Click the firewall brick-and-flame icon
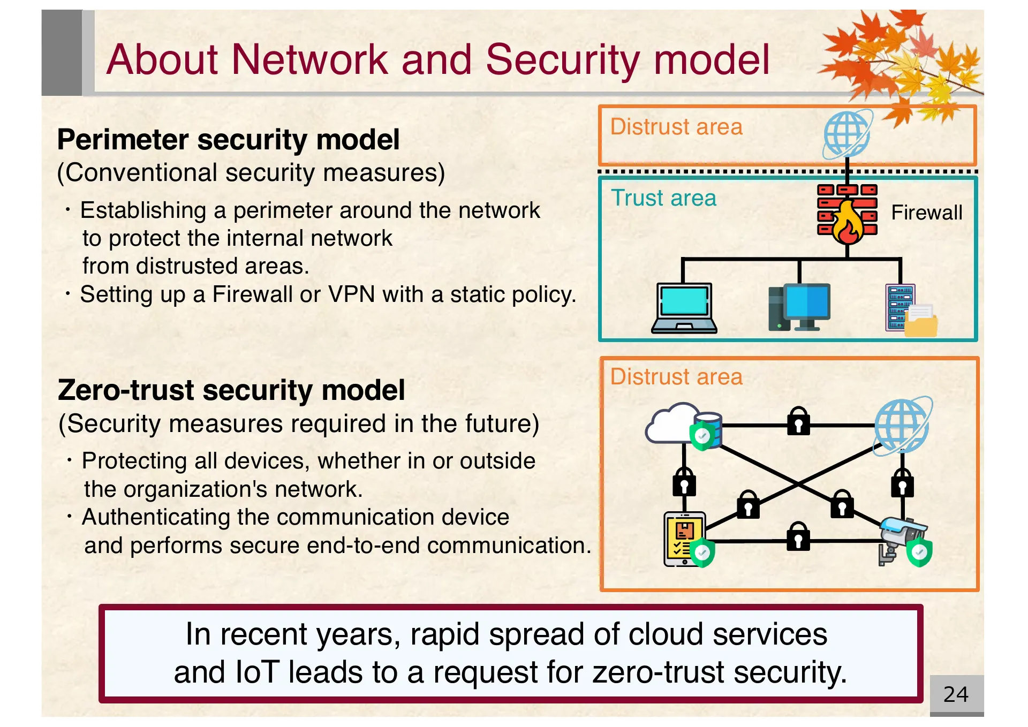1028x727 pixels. click(847, 214)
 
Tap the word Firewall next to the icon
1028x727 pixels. click(926, 213)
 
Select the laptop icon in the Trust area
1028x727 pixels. click(684, 308)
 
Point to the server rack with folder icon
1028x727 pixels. click(909, 310)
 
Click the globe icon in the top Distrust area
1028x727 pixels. click(847, 134)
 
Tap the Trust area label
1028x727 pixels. click(663, 199)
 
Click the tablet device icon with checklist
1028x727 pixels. click(684, 539)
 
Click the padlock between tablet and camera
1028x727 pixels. click(798, 536)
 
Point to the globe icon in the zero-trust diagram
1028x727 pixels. click(902, 426)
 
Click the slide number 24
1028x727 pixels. click(956, 695)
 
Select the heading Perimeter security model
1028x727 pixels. click(228, 140)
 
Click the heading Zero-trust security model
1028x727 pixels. click(231, 390)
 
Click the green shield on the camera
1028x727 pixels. click(919, 554)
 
